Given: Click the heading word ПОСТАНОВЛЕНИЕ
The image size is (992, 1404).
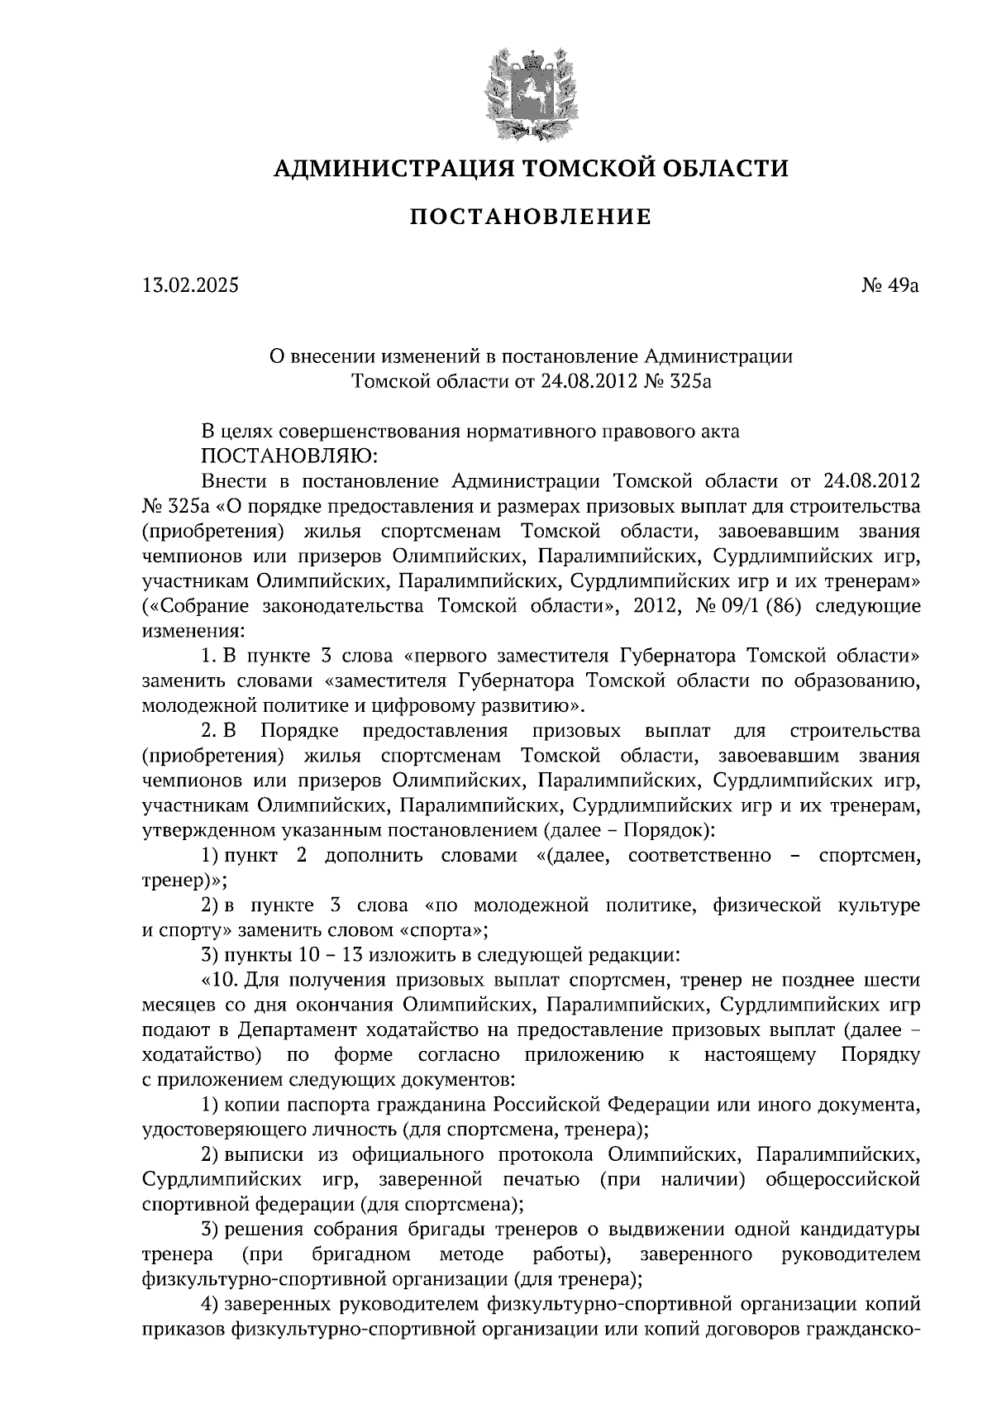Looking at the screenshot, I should [x=531, y=217].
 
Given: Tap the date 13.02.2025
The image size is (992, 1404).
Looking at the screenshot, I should [x=189, y=286].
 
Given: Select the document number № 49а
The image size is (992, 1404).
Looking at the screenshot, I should [x=889, y=286].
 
